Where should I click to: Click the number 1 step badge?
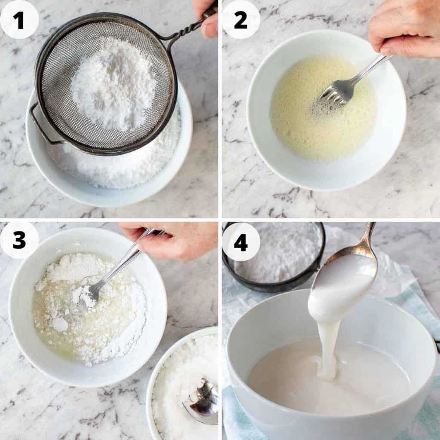click(19, 19)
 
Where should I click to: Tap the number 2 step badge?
click(241, 19)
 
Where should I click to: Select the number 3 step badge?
click(19, 240)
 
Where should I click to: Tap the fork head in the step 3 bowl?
click(88, 294)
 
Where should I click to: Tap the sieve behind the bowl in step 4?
click(275, 258)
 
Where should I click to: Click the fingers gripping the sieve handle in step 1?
click(206, 17)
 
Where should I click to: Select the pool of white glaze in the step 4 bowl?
click(284, 378)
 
